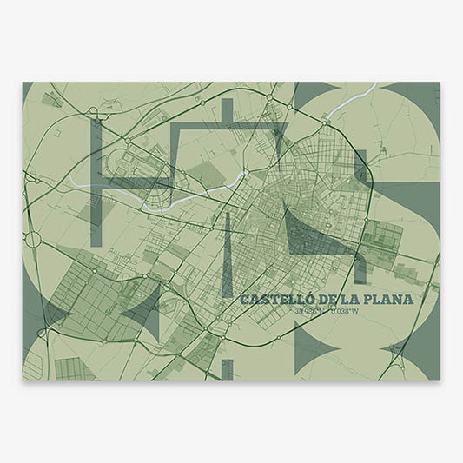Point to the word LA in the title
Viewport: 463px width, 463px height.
coord(348,300)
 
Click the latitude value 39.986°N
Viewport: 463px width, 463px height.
coord(308,313)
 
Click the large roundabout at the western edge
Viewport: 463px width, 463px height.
coord(32,238)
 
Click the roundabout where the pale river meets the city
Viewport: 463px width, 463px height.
coord(246,173)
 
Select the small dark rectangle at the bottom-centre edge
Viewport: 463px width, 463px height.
coord(228,370)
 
